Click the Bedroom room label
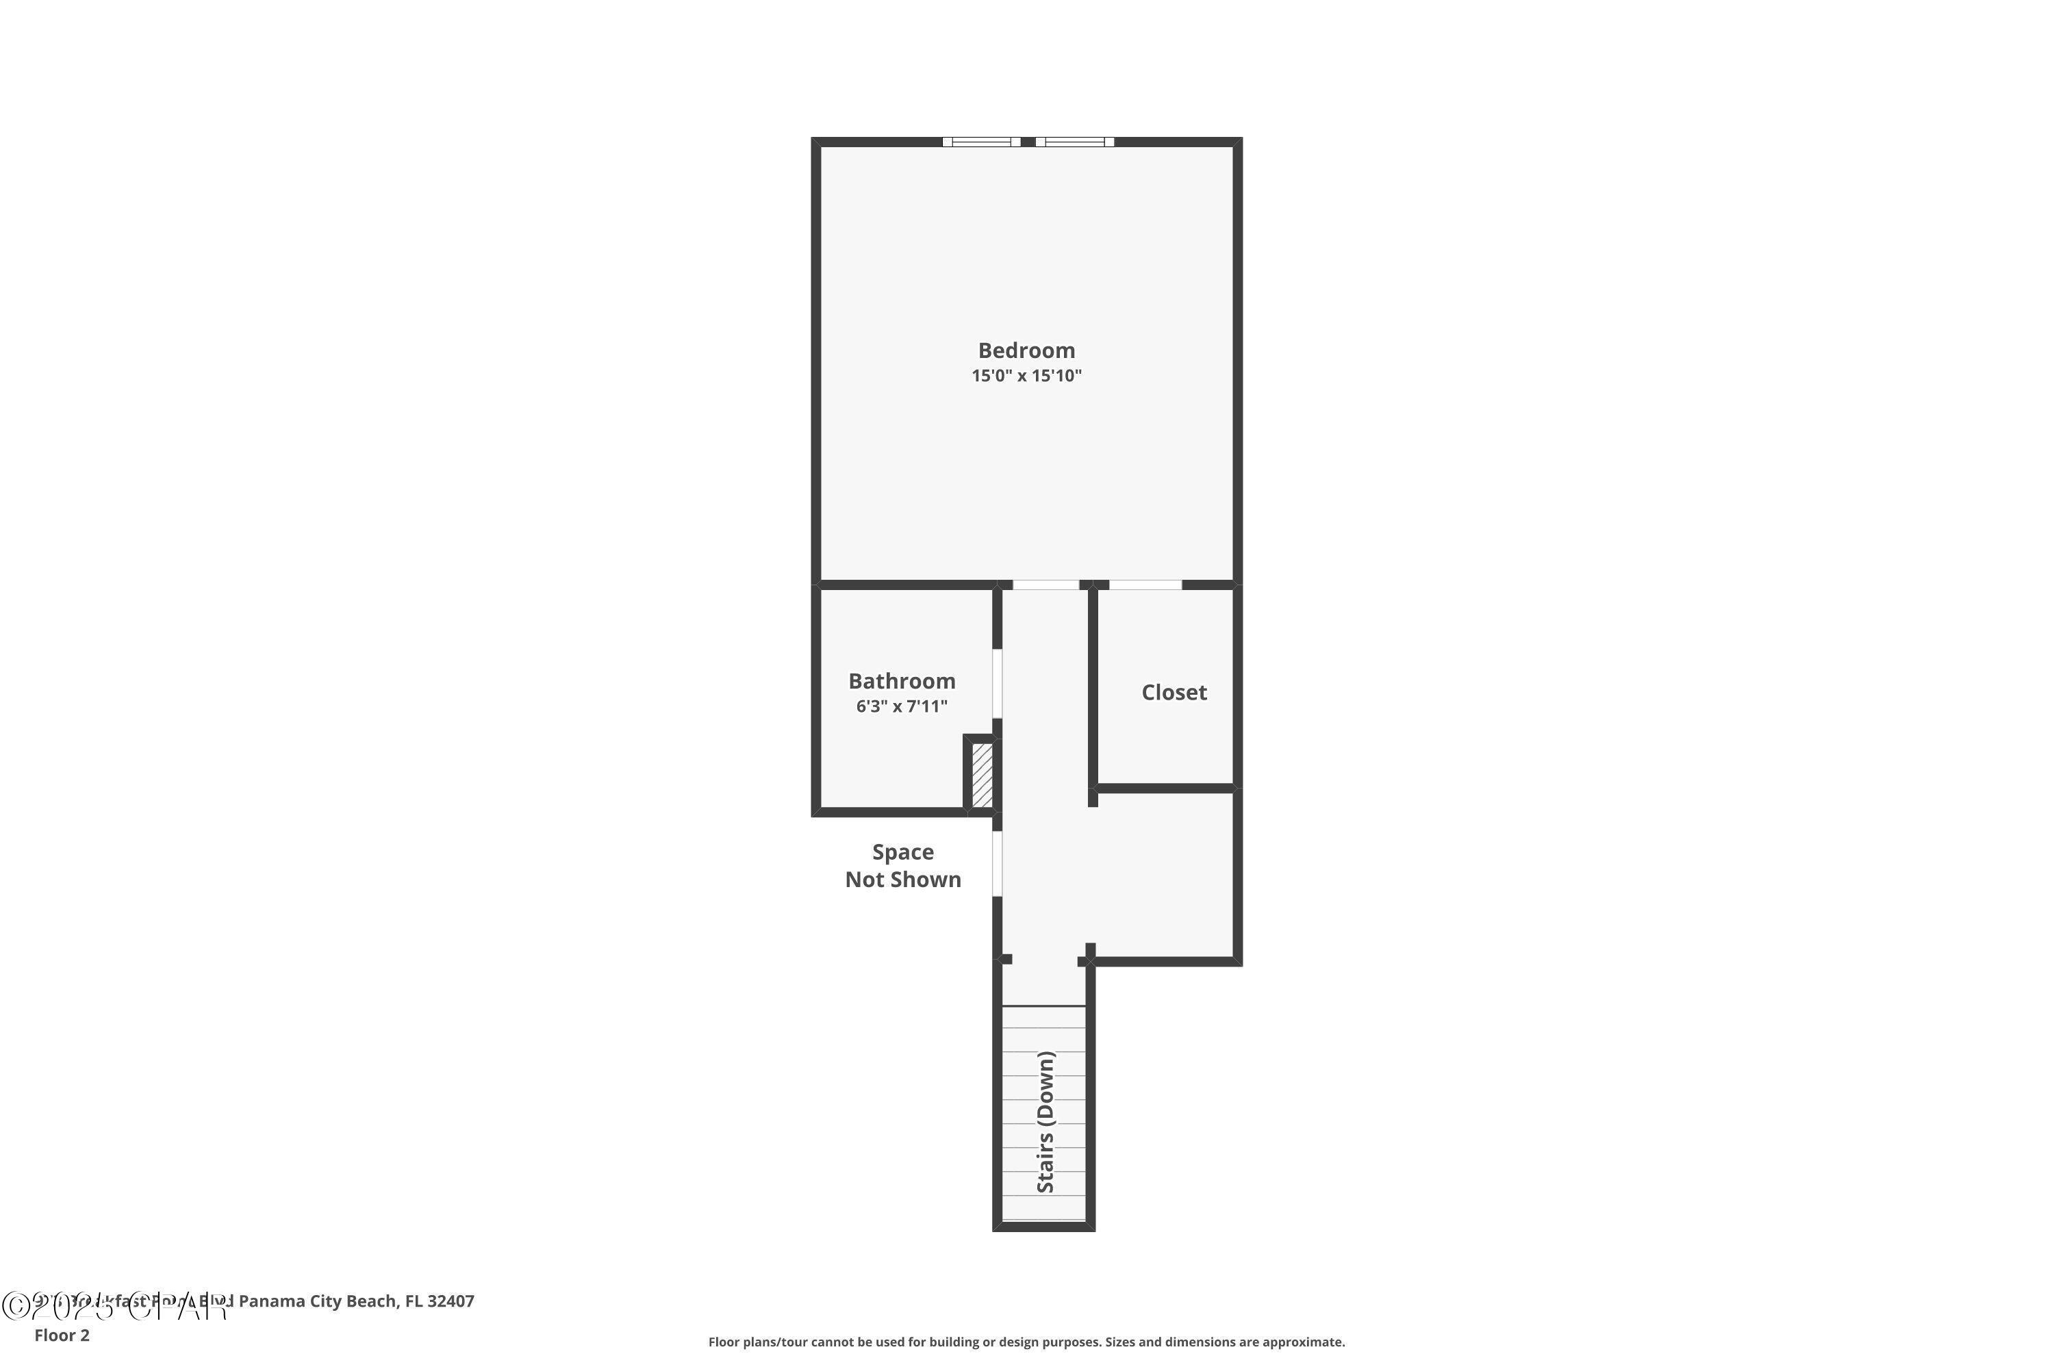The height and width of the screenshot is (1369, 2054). [x=1026, y=350]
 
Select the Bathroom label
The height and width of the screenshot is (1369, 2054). [x=901, y=681]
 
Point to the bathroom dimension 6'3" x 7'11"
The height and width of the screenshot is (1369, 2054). [x=901, y=706]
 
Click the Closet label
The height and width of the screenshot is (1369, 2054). [x=1174, y=692]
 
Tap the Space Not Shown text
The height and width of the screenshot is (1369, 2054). [x=902, y=865]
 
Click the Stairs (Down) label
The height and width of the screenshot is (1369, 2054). [x=1045, y=1121]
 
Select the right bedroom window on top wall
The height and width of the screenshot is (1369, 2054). [x=1074, y=142]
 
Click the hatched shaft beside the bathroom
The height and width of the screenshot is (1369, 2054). [x=982, y=774]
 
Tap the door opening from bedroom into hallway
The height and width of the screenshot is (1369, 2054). [x=1045, y=584]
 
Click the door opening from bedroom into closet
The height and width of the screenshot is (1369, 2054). [x=1145, y=584]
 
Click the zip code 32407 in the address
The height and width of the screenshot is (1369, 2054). [x=451, y=1301]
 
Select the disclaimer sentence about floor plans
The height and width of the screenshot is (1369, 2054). [x=1026, y=1342]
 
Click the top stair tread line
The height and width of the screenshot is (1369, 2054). [x=1043, y=1007]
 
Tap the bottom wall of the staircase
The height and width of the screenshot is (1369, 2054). [x=1043, y=1226]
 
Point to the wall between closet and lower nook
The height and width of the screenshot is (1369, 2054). [x=1165, y=789]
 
